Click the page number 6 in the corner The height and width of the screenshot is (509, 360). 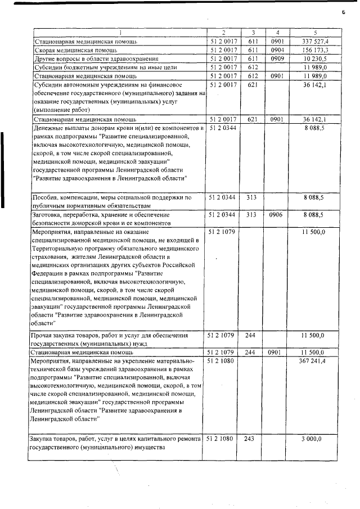point(342,12)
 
